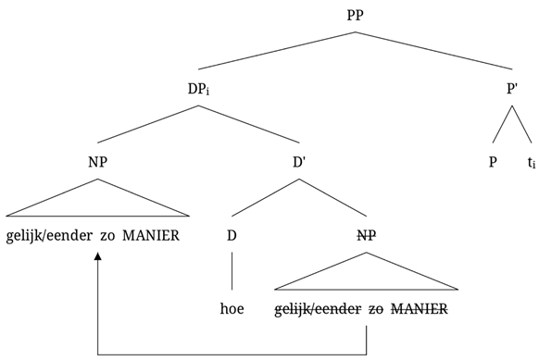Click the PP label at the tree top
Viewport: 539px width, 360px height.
(x=356, y=16)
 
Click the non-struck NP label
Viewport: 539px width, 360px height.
(x=97, y=162)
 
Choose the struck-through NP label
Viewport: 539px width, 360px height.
(x=367, y=235)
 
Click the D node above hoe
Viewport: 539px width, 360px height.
(x=232, y=235)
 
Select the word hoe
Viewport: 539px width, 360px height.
(x=232, y=307)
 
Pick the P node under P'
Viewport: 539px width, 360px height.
(x=494, y=162)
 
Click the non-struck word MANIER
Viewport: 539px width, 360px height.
(x=150, y=235)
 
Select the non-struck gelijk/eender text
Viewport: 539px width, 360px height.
(x=42, y=235)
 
